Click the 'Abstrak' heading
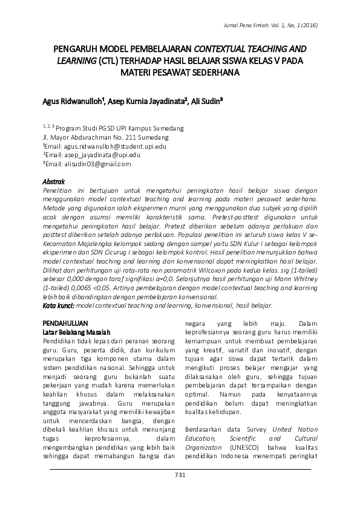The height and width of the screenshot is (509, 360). tap(53, 181)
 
